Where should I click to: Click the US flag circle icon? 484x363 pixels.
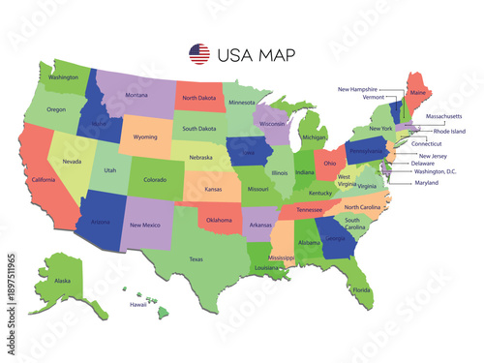198,54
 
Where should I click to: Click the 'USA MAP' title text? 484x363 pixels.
257,54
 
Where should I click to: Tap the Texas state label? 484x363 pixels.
197,258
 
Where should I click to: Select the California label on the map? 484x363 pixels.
44,180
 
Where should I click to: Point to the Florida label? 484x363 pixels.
361,290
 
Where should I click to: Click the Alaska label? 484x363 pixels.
62,281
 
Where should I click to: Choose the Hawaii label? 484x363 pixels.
138,304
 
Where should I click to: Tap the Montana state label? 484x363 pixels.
136,95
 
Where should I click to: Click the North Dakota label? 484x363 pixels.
198,98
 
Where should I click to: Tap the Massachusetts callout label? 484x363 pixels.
443,116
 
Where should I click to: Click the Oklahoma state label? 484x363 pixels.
219,220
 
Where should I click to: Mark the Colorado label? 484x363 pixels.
155,179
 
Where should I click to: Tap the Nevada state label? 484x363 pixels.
71,162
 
